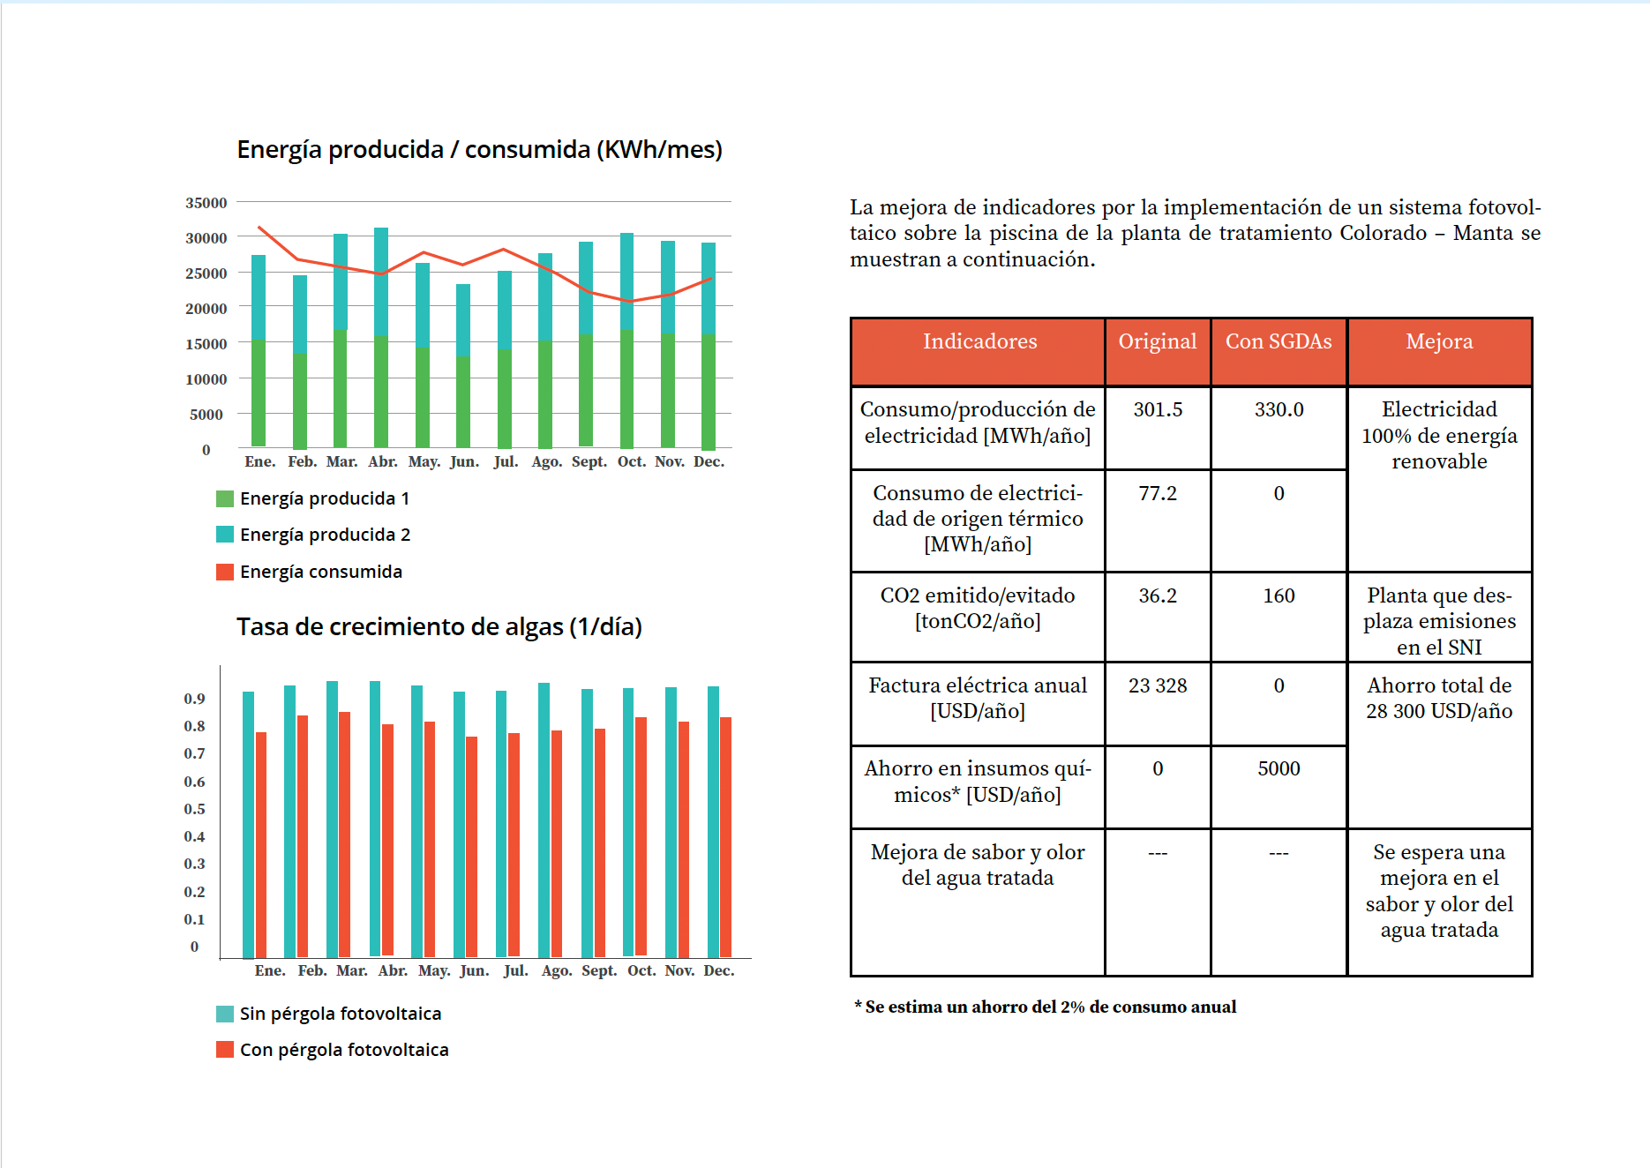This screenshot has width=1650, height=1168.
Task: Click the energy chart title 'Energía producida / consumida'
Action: coord(479,150)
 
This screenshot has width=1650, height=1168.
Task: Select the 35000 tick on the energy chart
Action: coord(206,203)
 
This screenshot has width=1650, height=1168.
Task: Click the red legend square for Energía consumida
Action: coord(225,572)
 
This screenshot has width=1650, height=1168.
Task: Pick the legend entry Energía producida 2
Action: coord(324,535)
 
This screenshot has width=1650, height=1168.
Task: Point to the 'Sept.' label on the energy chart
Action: coord(589,461)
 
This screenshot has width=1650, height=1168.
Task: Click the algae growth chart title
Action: coord(439,627)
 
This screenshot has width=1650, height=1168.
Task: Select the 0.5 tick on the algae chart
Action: coord(194,809)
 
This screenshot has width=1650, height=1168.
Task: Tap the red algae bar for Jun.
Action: coord(471,847)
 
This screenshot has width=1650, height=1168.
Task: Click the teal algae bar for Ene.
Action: coord(249,825)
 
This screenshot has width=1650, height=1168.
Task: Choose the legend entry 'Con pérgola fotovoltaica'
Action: coord(343,1050)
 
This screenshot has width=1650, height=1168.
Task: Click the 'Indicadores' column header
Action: coord(979,342)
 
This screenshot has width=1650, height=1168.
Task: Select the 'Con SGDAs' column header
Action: coord(1279,342)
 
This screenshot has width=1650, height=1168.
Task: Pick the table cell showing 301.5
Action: coord(1158,410)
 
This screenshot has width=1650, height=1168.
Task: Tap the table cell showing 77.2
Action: coord(1158,494)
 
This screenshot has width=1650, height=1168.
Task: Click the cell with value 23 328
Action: coord(1158,686)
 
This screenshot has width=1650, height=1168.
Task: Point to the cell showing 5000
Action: coord(1279,769)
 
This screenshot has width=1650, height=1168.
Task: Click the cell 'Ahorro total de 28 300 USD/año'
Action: coord(1439,699)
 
